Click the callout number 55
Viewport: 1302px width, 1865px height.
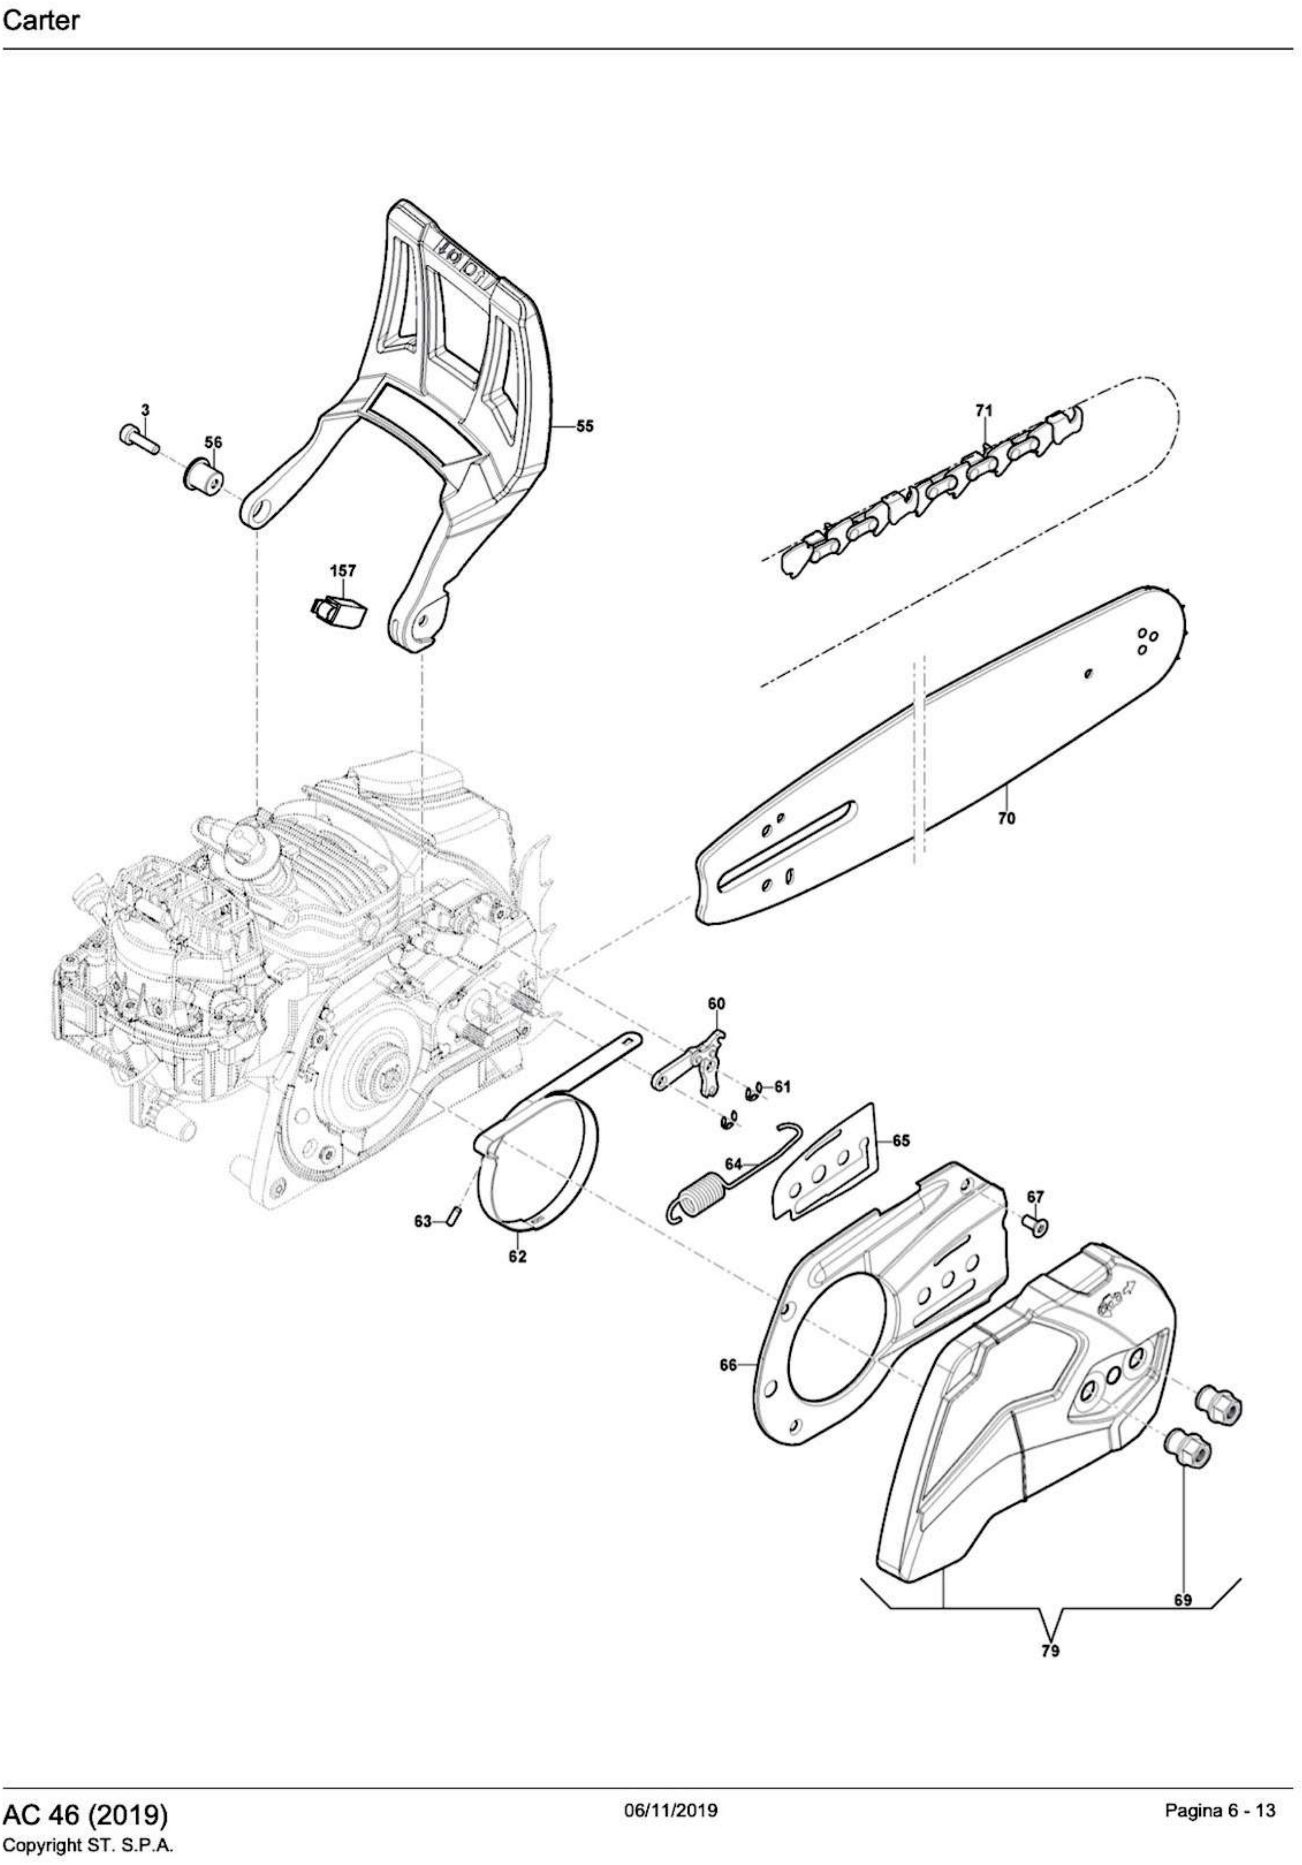(585, 426)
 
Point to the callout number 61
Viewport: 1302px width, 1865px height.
(782, 1087)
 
